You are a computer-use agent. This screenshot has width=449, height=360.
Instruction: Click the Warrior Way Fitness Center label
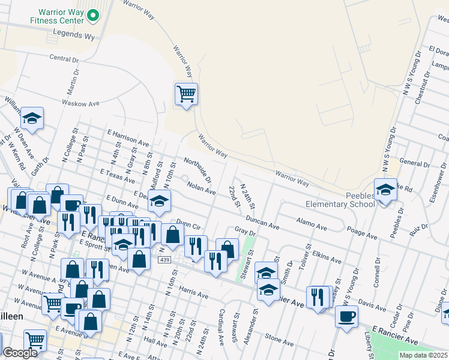coord(53,16)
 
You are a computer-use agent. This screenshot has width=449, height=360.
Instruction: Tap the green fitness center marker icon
coord(93,16)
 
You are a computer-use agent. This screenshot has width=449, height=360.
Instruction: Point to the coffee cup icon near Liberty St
coord(347,316)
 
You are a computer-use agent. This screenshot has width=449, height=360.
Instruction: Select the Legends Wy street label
coord(74,37)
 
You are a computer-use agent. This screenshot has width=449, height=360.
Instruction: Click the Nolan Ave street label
coord(200,188)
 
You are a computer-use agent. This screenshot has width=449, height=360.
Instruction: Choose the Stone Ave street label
coord(279,340)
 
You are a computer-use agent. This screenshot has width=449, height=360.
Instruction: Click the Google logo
coord(20,353)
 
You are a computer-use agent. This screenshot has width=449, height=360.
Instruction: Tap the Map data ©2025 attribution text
coord(424,356)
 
